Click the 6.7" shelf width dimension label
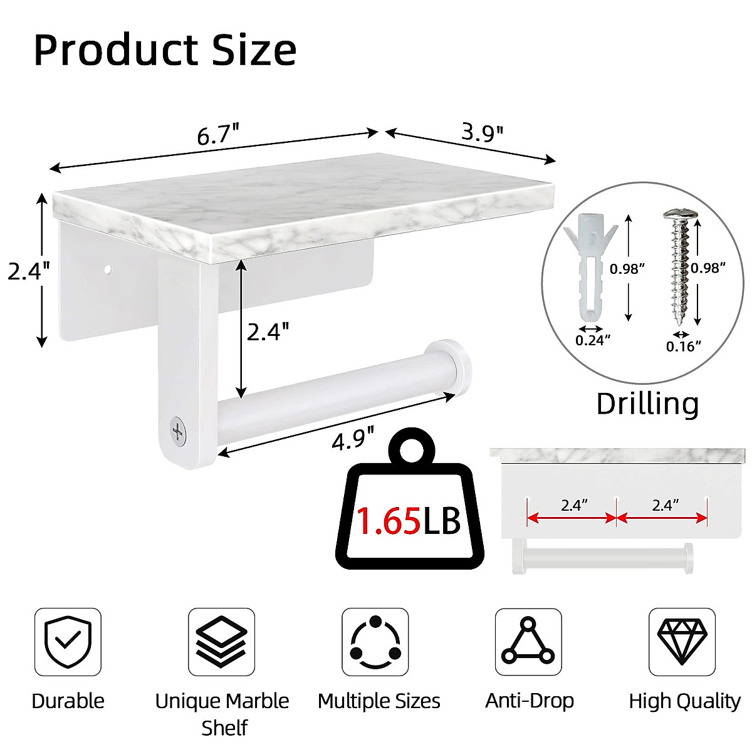218,135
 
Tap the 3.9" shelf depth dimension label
482,132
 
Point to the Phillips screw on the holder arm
179,431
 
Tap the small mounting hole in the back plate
107,270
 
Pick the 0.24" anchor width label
593,340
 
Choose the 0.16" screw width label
683,346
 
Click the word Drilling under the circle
647,404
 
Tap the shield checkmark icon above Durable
68,642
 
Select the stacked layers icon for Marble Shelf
222,642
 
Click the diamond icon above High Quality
682,642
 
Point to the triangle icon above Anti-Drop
528,642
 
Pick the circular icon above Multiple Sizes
375,642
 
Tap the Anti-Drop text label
530,701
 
